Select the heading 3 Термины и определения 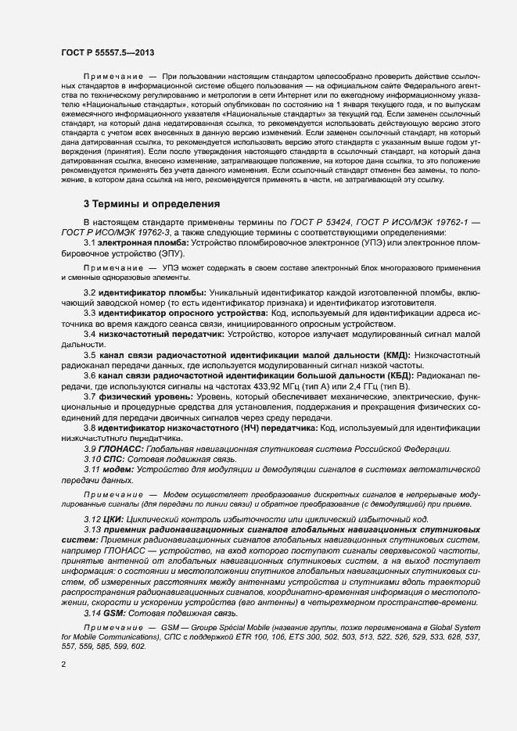(x=152, y=204)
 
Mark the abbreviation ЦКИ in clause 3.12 (x=113, y=520)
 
